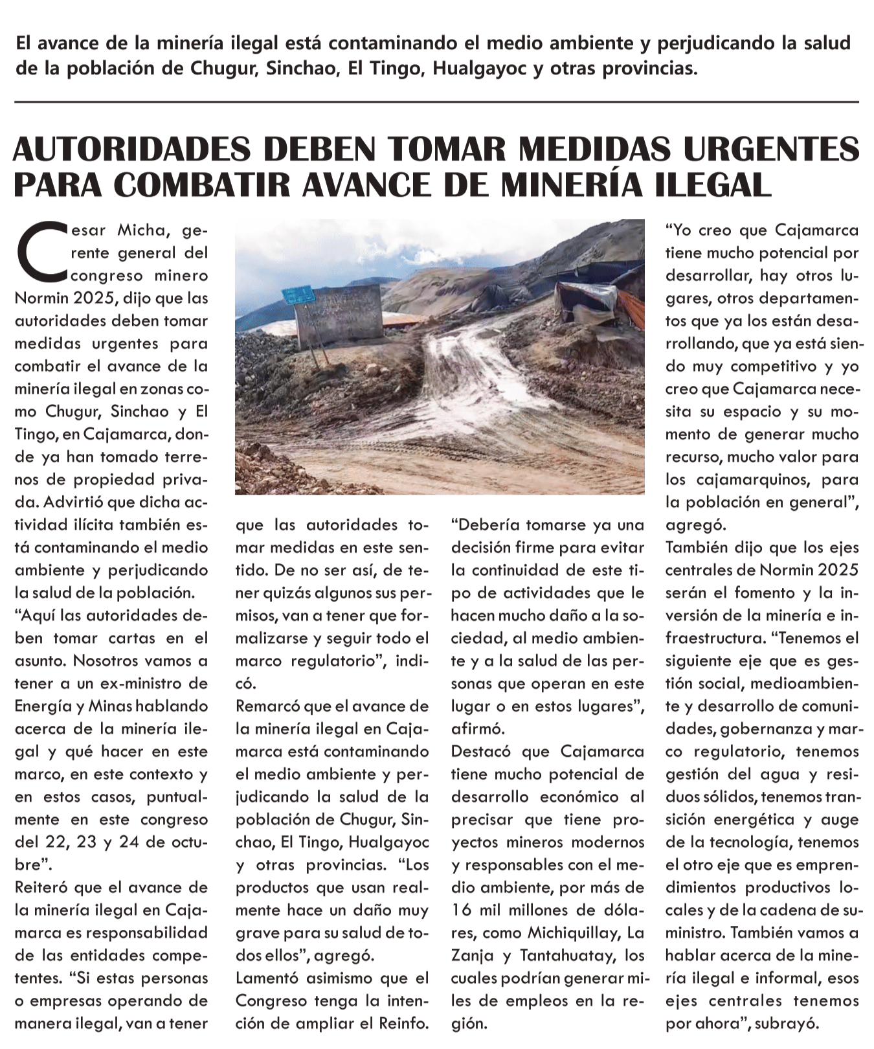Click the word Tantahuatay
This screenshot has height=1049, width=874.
pos(564,956)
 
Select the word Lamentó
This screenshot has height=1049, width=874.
pos(267,978)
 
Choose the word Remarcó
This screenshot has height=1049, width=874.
pos(267,706)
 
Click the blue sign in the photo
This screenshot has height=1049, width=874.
pos(298,295)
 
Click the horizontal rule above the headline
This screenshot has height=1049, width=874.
pos(436,102)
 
